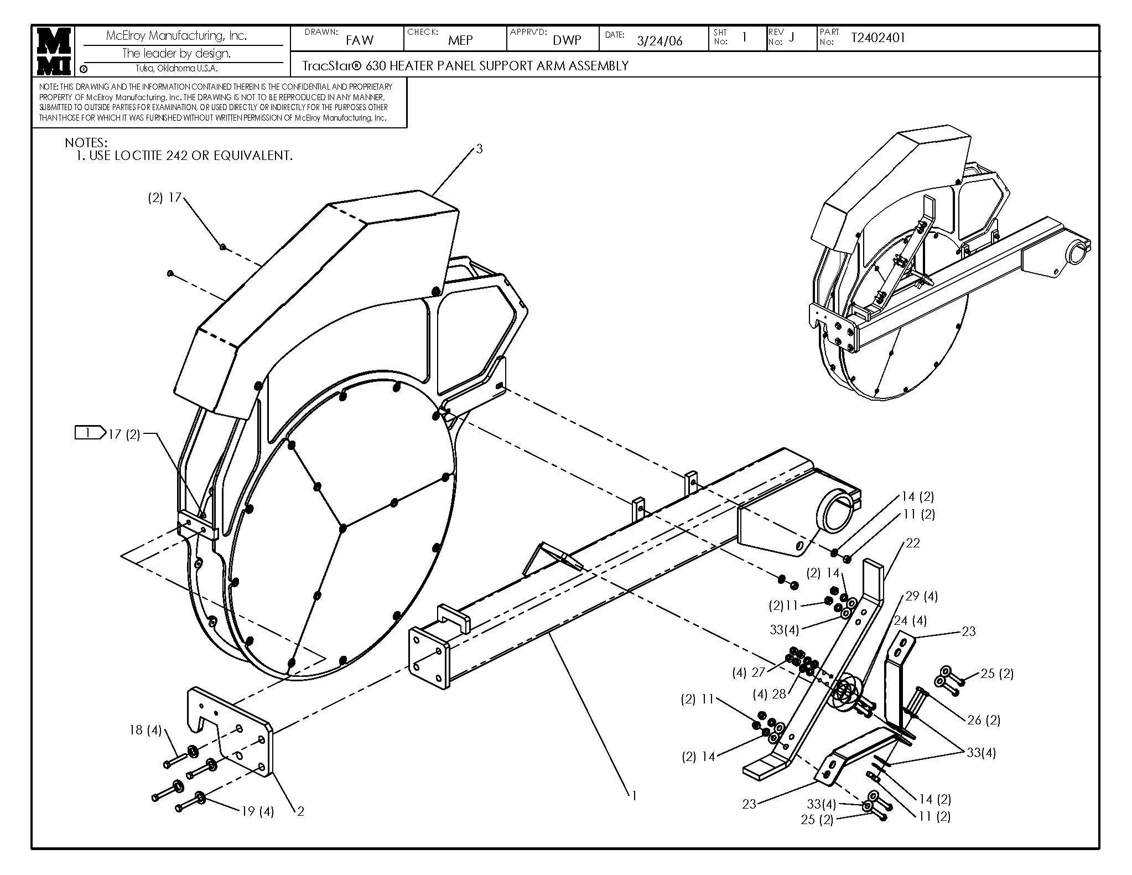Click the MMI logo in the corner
click(53, 51)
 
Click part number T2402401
click(877, 38)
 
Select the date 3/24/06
click(660, 40)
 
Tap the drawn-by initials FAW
click(360, 40)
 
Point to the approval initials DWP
click(567, 40)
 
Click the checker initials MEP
click(460, 40)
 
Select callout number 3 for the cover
click(479, 148)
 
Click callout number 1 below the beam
click(634, 795)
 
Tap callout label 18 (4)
click(145, 731)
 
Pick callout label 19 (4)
click(257, 811)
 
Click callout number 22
click(913, 543)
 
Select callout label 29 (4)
click(921, 596)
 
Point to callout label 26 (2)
click(983, 720)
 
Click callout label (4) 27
click(748, 673)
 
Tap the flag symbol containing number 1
click(90, 433)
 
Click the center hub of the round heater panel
click(342, 528)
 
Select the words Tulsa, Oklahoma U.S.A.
click(176, 69)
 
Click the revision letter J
click(791, 37)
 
